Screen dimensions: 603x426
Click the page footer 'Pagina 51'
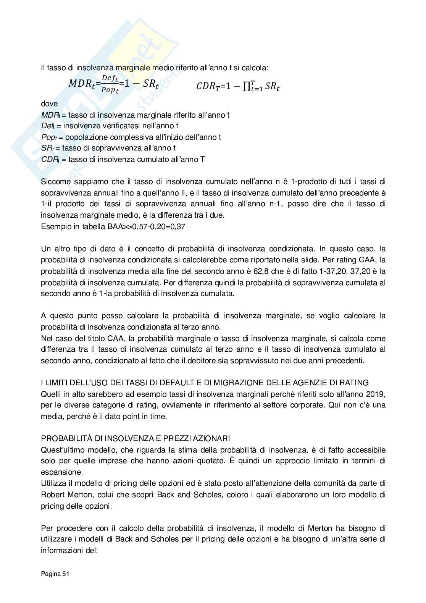[x=55, y=574]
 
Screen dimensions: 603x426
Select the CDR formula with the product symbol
[x=238, y=86]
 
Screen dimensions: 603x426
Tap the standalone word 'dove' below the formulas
[x=49, y=104]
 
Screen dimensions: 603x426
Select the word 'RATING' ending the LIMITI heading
[x=355, y=383]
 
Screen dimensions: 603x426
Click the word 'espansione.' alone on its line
[x=58, y=472]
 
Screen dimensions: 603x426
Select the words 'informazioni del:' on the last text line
[x=69, y=551]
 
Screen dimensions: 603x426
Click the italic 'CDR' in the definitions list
[x=48, y=159]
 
